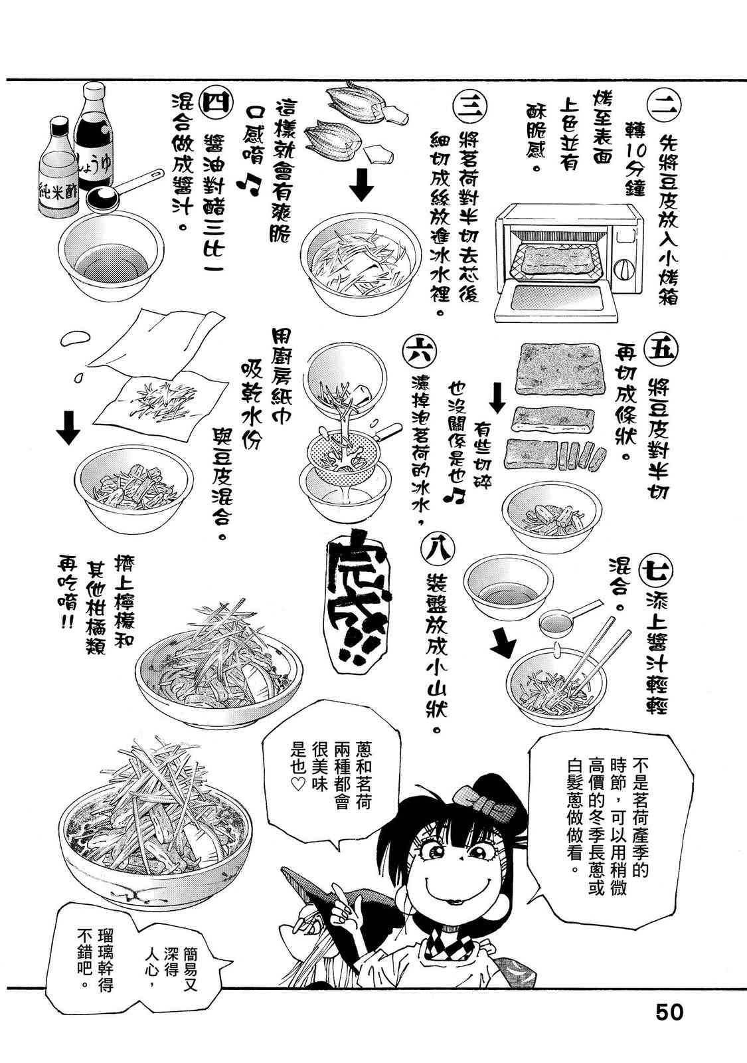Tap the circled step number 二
click(x=664, y=108)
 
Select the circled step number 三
click(x=469, y=107)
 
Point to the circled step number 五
click(x=661, y=350)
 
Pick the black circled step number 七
click(x=657, y=571)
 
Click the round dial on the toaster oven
click(x=624, y=270)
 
